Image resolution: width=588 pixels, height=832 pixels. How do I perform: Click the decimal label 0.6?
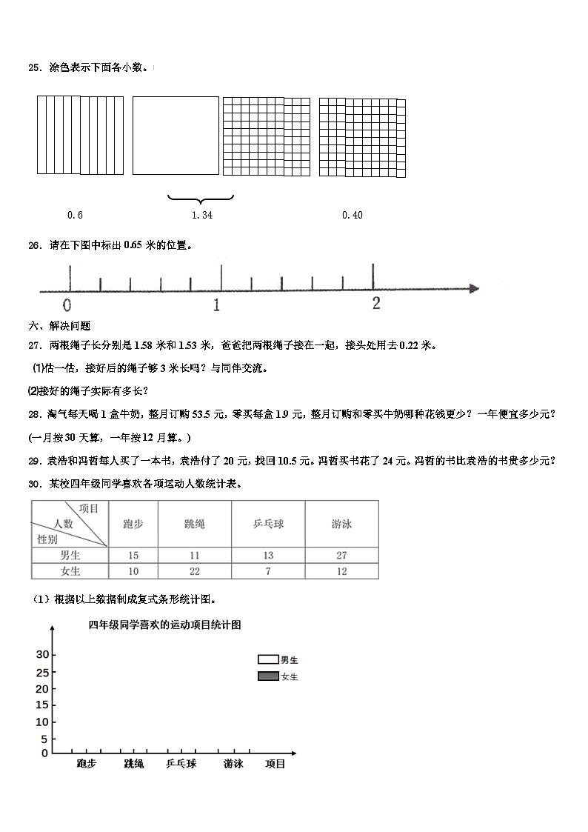click(75, 215)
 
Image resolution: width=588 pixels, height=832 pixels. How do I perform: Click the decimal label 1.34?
click(201, 215)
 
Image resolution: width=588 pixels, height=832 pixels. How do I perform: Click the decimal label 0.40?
click(353, 215)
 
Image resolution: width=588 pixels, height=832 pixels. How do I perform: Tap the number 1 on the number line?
click(216, 304)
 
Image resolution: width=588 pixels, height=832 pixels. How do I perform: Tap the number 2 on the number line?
click(376, 303)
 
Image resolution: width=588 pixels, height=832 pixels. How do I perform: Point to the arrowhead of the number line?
click(474, 288)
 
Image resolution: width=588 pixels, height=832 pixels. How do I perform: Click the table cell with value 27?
click(341, 555)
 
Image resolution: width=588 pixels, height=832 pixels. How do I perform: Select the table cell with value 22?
click(195, 571)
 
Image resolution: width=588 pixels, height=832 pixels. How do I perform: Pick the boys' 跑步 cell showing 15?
click(133, 555)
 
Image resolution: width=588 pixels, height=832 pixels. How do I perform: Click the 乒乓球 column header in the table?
click(268, 524)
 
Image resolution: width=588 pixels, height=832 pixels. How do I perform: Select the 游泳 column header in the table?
click(341, 524)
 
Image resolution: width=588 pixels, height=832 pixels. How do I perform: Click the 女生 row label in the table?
click(70, 571)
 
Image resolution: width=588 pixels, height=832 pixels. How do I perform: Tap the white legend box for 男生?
click(267, 659)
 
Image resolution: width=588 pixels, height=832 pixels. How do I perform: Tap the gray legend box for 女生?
click(267, 676)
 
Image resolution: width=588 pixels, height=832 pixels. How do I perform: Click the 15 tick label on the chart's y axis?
click(41, 705)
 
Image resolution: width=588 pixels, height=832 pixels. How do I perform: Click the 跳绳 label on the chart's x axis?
click(134, 764)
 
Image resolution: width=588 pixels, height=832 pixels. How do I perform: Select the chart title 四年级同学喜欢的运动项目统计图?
click(164, 625)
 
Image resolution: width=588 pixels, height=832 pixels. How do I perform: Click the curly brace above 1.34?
click(201, 198)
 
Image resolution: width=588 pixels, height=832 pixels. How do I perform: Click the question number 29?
click(33, 461)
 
